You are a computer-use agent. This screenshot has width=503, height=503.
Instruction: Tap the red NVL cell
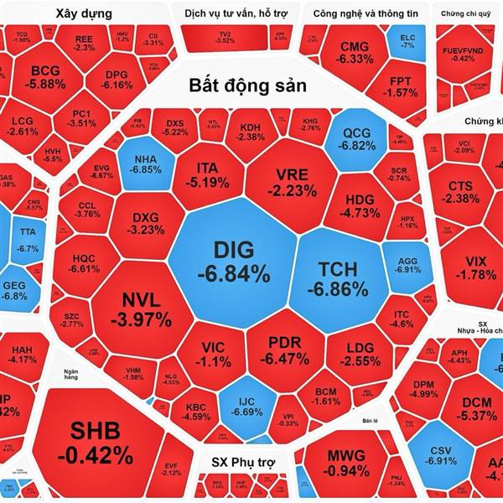146,309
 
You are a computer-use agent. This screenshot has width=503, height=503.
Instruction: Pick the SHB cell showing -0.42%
95,442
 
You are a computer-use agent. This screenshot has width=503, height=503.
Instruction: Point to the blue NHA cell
146,162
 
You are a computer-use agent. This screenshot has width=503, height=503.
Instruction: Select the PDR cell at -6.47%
289,350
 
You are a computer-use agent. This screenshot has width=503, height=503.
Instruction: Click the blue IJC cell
246,405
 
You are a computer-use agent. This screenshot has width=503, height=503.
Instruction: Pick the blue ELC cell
407,42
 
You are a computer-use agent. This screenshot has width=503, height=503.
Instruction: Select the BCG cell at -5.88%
45,76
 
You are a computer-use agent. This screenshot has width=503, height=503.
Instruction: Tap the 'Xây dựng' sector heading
86,13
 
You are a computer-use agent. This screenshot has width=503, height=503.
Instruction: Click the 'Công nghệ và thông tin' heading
365,13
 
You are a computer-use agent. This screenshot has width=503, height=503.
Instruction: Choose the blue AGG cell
407,265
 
